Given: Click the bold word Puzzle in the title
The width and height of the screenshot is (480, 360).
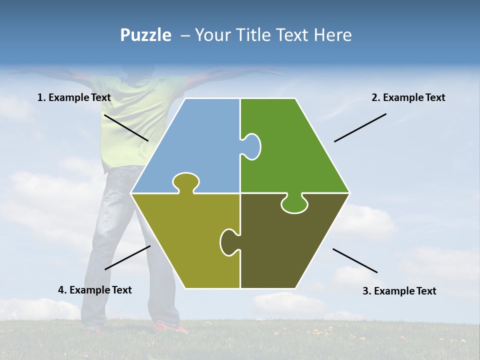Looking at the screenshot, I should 145,35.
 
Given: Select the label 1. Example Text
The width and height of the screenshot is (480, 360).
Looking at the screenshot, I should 74,97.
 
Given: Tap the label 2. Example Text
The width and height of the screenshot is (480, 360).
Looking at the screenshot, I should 408,97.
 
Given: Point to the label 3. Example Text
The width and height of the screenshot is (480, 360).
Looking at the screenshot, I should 399,291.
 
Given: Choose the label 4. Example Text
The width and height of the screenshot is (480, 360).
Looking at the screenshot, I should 95,290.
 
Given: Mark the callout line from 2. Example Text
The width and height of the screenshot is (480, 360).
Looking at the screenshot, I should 360,127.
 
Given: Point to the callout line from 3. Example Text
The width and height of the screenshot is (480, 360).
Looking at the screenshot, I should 355,260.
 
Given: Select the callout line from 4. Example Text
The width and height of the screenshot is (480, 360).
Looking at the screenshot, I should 127,257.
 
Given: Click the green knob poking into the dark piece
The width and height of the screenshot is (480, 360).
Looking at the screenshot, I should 294,203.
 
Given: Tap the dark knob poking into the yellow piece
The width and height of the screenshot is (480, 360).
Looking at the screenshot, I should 229,241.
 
